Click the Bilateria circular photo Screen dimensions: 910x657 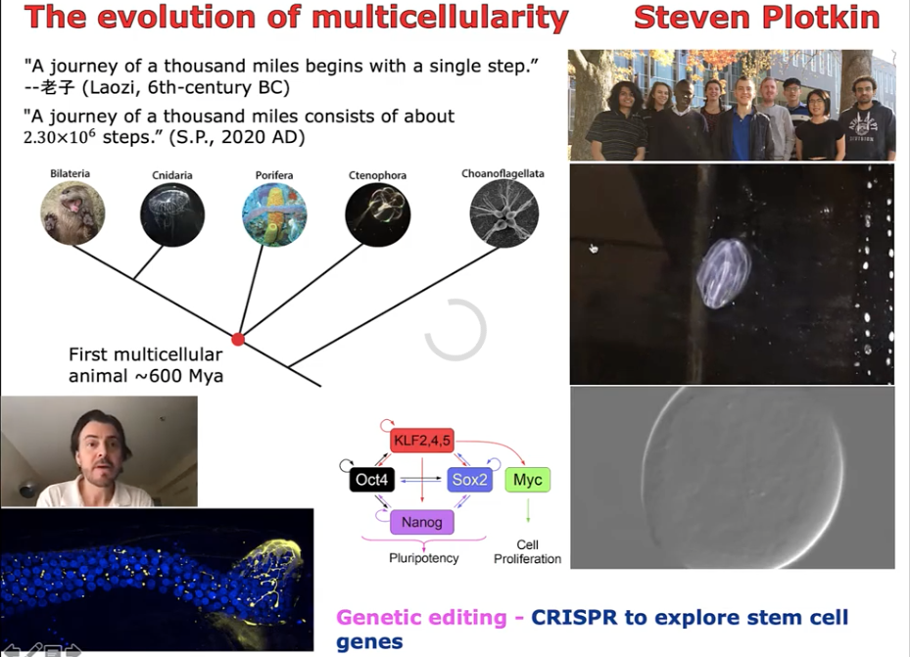pyautogui.click(x=72, y=212)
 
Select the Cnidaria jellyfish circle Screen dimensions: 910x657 pyautogui.click(x=172, y=214)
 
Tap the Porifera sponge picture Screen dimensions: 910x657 pyautogui.click(x=274, y=214)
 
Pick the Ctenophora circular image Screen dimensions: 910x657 pyautogui.click(x=378, y=214)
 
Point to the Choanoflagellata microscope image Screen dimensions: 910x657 pyautogui.click(x=503, y=212)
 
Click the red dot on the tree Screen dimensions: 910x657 pyautogui.click(x=238, y=339)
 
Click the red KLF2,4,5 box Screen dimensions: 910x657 pyautogui.click(x=422, y=441)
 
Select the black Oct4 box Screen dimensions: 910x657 pyautogui.click(x=372, y=480)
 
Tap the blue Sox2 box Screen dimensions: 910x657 pyautogui.click(x=469, y=480)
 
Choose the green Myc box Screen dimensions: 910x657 pyautogui.click(x=528, y=480)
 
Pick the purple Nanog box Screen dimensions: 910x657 pyautogui.click(x=422, y=522)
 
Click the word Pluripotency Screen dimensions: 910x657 pyautogui.click(x=424, y=558)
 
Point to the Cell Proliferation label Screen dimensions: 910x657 pyautogui.click(x=528, y=551)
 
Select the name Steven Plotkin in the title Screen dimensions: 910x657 pyautogui.click(x=757, y=18)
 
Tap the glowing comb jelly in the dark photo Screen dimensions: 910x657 pyautogui.click(x=723, y=272)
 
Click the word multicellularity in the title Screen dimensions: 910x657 pyautogui.click(x=440, y=18)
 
